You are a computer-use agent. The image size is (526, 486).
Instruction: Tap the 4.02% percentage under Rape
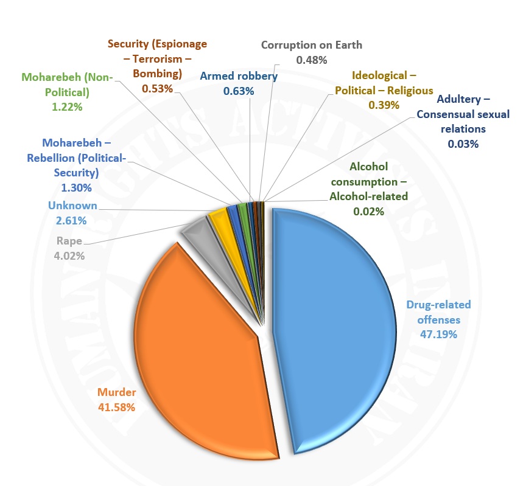[x=69, y=255]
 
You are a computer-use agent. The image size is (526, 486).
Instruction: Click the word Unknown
[x=72, y=206]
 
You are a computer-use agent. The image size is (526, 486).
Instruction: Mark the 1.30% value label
[x=76, y=188]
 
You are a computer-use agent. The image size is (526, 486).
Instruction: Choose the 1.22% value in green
[x=66, y=106]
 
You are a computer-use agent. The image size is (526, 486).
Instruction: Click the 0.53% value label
[x=157, y=89]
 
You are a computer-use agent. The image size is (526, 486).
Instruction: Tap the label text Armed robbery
[x=239, y=77]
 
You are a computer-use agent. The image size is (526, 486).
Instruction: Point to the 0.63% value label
[x=238, y=91]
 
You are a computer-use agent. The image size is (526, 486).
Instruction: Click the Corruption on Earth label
[x=311, y=45]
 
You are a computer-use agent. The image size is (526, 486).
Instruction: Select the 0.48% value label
[x=312, y=60]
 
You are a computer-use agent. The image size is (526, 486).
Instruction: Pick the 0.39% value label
[x=384, y=105]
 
